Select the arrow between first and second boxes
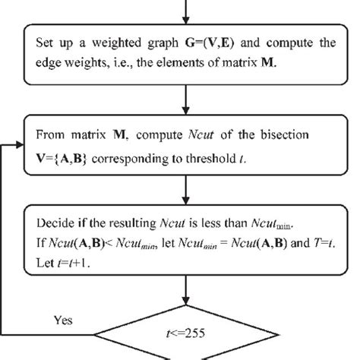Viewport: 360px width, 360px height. (x=182, y=98)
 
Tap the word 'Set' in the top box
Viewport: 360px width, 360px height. (x=44, y=43)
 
